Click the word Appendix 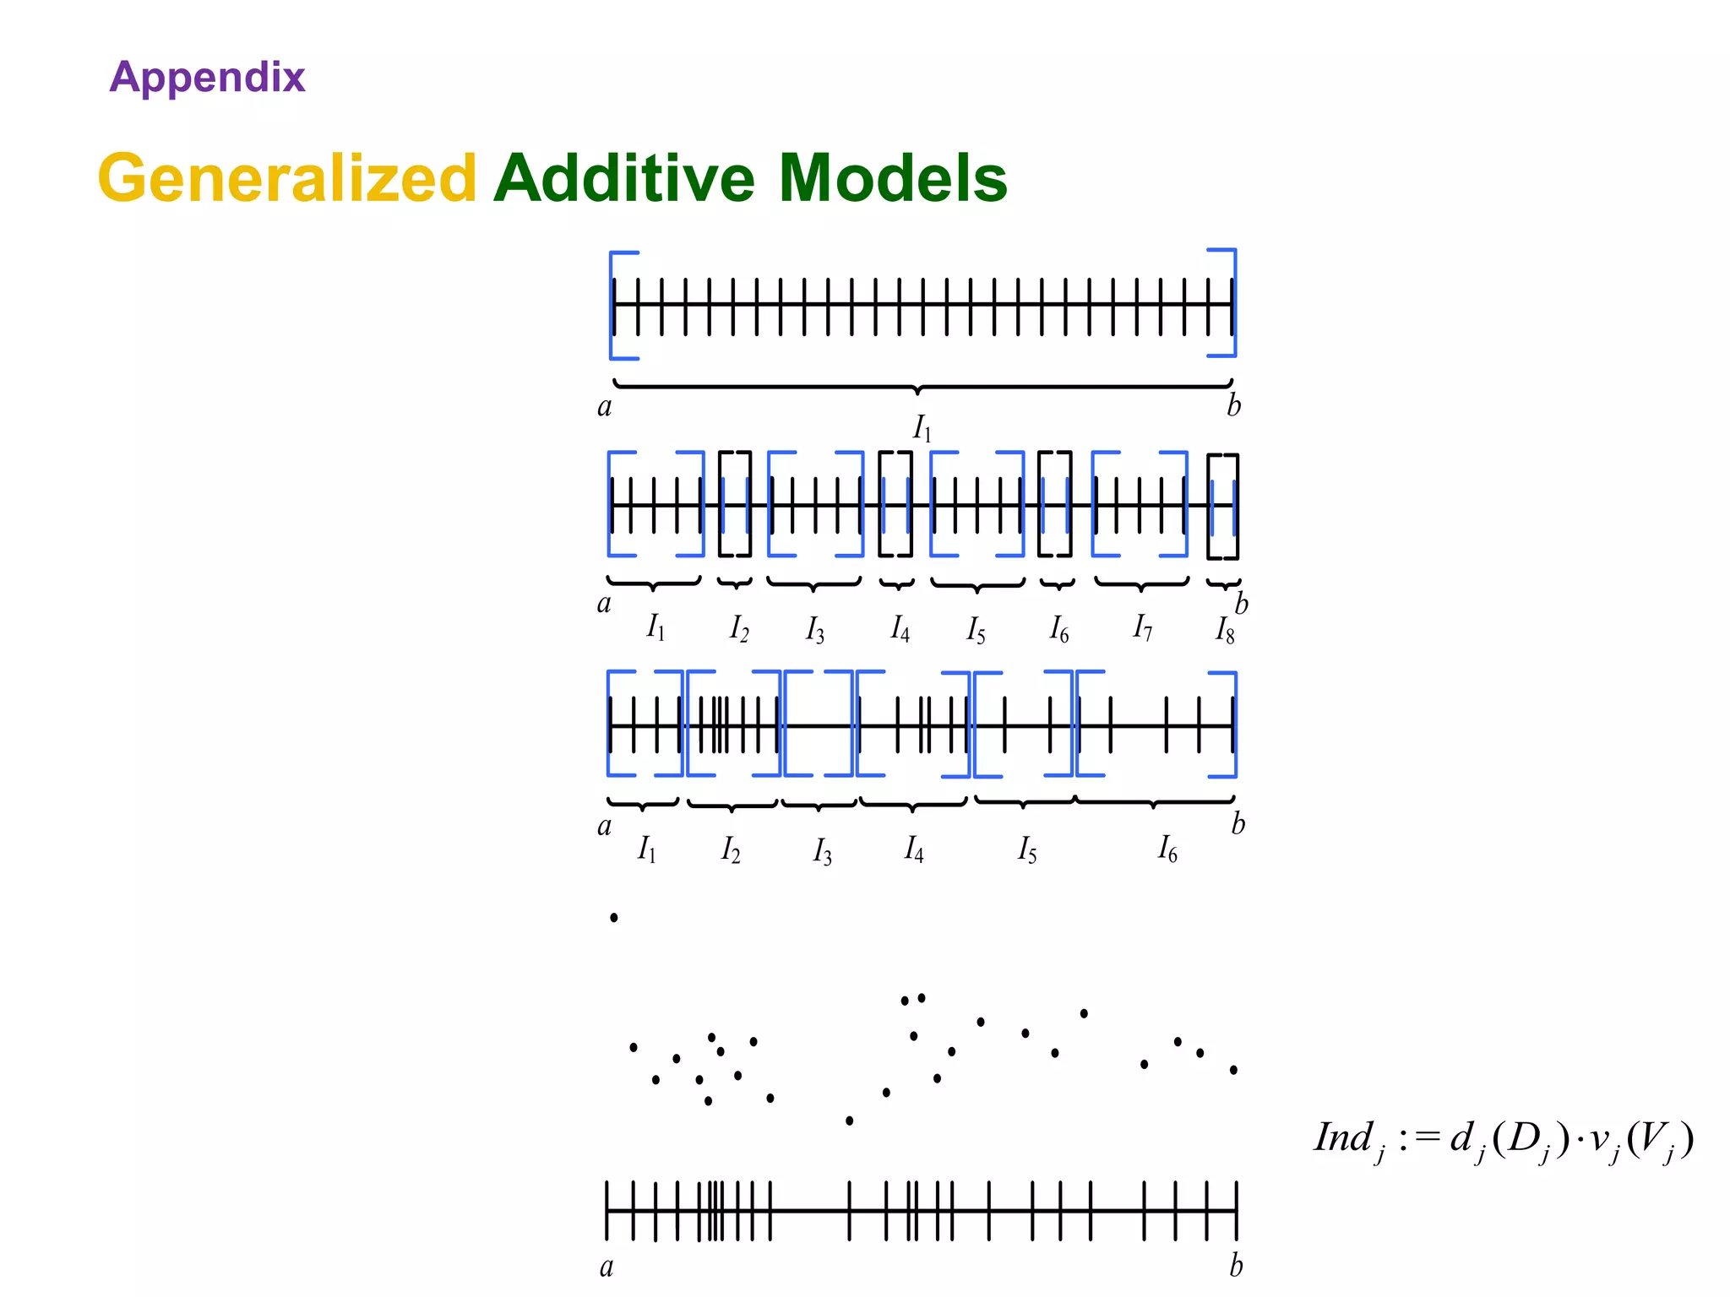(x=207, y=78)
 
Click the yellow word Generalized (x=288, y=178)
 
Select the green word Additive (x=624, y=178)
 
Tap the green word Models (x=893, y=178)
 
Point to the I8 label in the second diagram (x=1225, y=630)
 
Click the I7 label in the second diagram (x=1142, y=627)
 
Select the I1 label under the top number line (x=922, y=430)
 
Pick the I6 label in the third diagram (x=1167, y=849)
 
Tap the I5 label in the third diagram (x=1026, y=849)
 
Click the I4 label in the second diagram (x=900, y=629)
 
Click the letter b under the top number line (x=1234, y=406)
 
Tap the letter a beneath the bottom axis (x=606, y=1267)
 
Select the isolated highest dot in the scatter (x=614, y=918)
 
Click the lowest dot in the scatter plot (x=849, y=1121)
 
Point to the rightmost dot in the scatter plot (x=1233, y=1070)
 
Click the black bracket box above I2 (x=735, y=504)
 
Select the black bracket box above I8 (x=1223, y=507)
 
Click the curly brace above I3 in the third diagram (x=819, y=805)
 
